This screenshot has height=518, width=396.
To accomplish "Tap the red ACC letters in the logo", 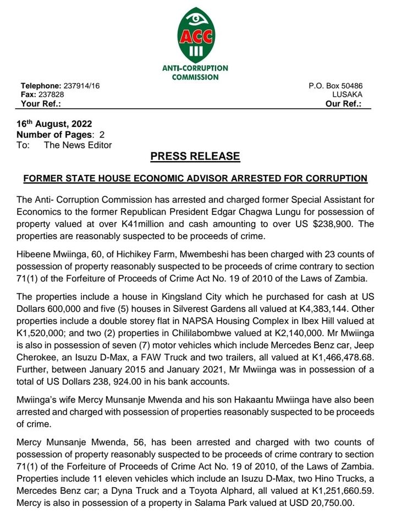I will tap(195, 37).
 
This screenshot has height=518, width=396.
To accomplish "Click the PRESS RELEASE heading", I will tap(195, 156).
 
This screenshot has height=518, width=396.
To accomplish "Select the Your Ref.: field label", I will tap(41, 103).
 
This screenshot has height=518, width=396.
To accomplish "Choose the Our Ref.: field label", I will tap(343, 103).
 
